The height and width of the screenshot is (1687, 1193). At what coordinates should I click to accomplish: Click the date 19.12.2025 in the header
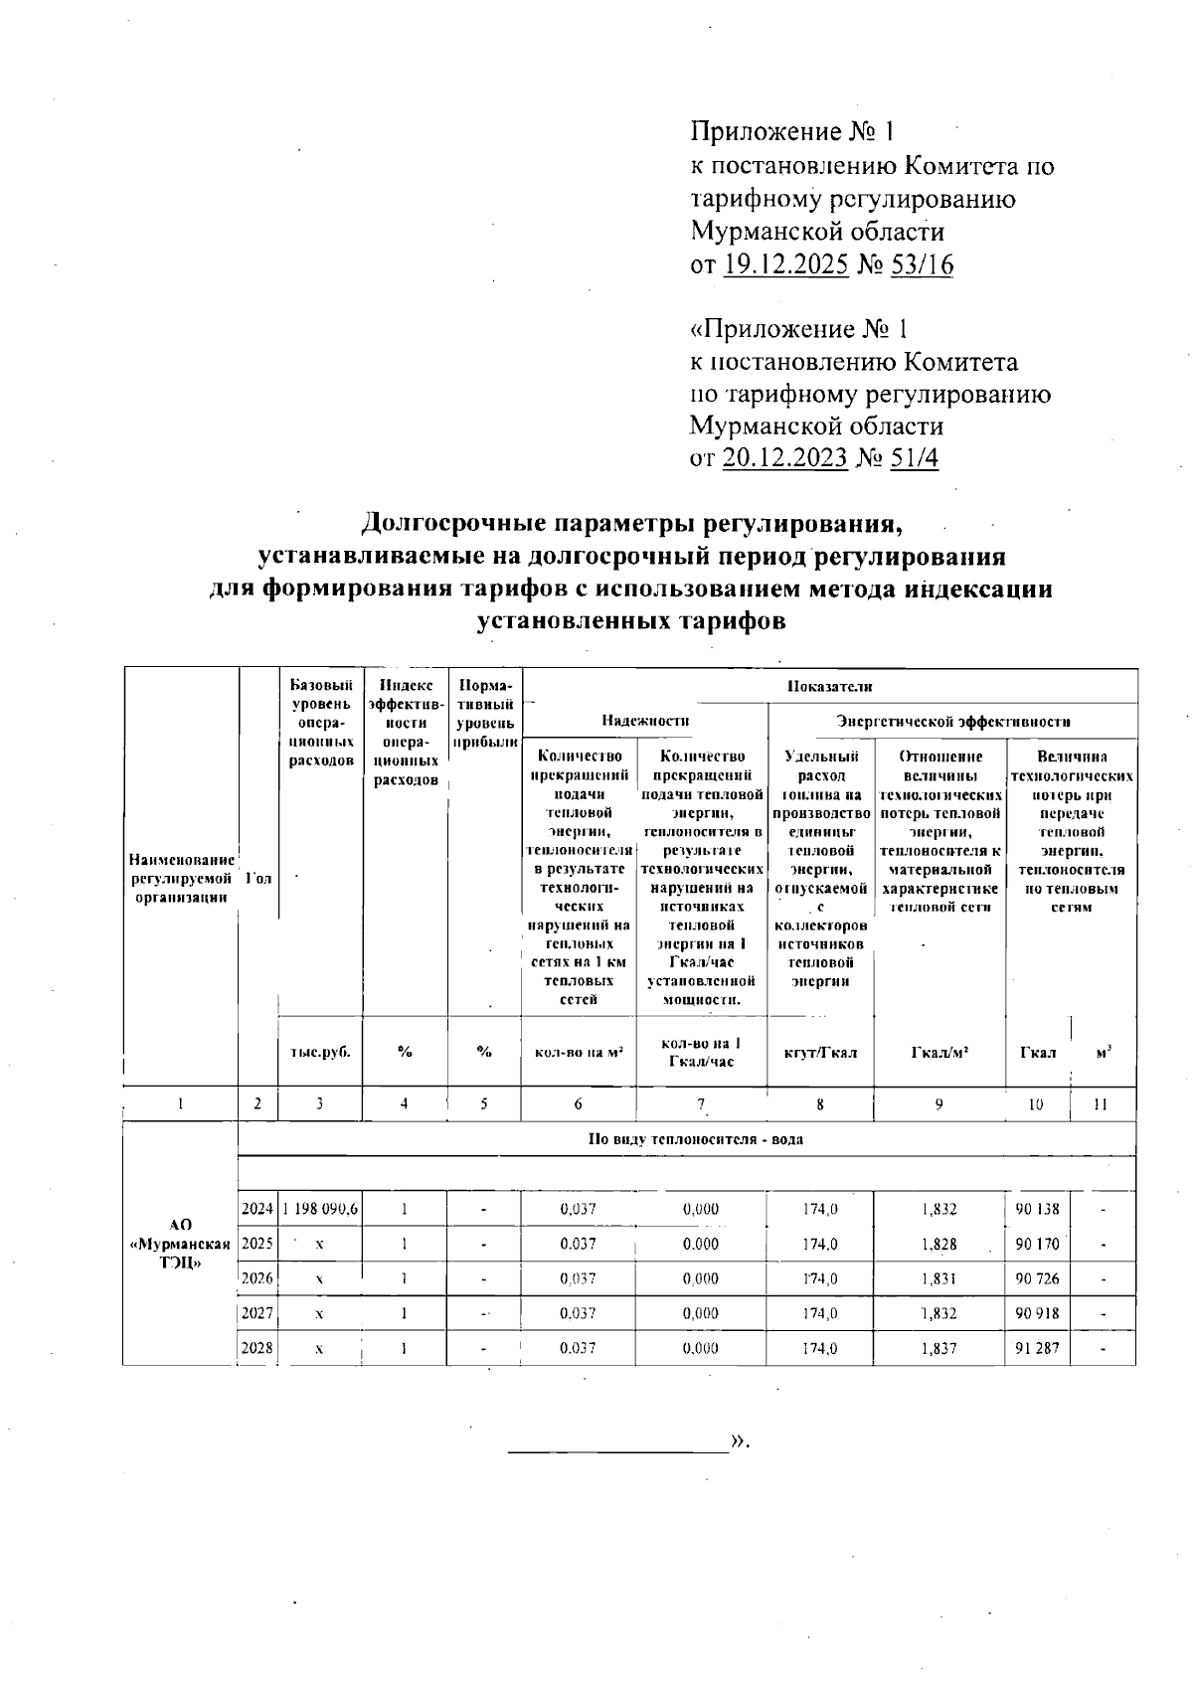785,265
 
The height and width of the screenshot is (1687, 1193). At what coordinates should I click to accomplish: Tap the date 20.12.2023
785,458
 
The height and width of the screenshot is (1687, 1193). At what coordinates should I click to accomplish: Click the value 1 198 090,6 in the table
320,1210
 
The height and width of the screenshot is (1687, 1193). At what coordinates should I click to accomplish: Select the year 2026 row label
257,1279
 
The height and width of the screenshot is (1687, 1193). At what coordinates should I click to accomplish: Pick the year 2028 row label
257,1349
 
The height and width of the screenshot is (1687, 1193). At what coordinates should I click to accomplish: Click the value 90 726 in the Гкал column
1037,1279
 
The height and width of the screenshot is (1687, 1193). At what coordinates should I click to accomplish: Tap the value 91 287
1037,1349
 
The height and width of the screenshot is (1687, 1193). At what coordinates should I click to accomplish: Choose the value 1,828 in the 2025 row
939,1245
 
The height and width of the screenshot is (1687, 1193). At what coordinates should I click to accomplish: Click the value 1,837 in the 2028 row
939,1349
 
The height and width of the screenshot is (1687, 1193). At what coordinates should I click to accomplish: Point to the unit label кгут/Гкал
820,1053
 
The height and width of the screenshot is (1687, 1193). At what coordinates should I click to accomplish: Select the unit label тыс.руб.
320,1053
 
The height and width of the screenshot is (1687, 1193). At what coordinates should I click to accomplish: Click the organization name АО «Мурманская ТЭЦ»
180,1245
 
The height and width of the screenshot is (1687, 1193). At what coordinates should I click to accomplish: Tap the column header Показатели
829,686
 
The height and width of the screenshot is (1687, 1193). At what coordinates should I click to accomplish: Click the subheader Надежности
645,721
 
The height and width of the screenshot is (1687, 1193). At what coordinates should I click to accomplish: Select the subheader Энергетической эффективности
952,721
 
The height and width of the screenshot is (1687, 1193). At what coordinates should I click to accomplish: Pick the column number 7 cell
701,1103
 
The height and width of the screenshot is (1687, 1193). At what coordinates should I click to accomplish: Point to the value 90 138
1037,1210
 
